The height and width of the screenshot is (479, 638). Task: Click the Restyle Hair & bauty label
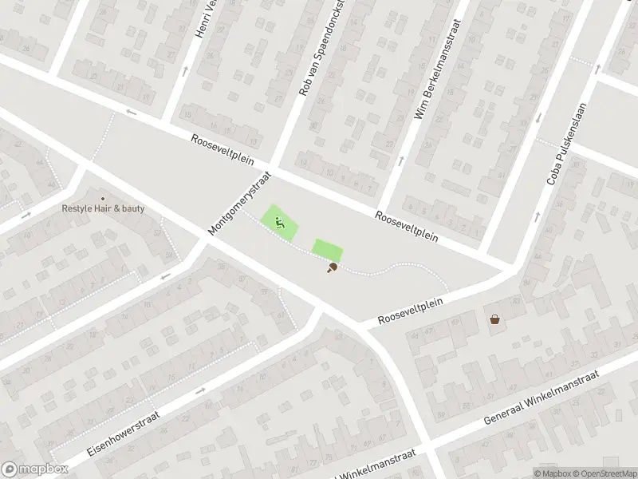click(x=104, y=209)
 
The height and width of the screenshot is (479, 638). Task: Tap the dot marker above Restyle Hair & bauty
click(x=102, y=198)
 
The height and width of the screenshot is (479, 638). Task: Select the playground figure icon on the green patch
click(x=280, y=223)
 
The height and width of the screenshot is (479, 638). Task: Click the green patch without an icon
click(x=326, y=250)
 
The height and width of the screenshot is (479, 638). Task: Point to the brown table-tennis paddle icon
click(x=331, y=267)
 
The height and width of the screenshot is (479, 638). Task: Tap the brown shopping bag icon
click(x=495, y=319)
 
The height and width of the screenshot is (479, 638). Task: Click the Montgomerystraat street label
click(x=240, y=204)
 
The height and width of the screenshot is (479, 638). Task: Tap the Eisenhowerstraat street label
click(x=124, y=433)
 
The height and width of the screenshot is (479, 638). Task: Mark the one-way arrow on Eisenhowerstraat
click(x=199, y=390)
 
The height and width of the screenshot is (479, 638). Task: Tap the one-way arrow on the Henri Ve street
click(x=185, y=71)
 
